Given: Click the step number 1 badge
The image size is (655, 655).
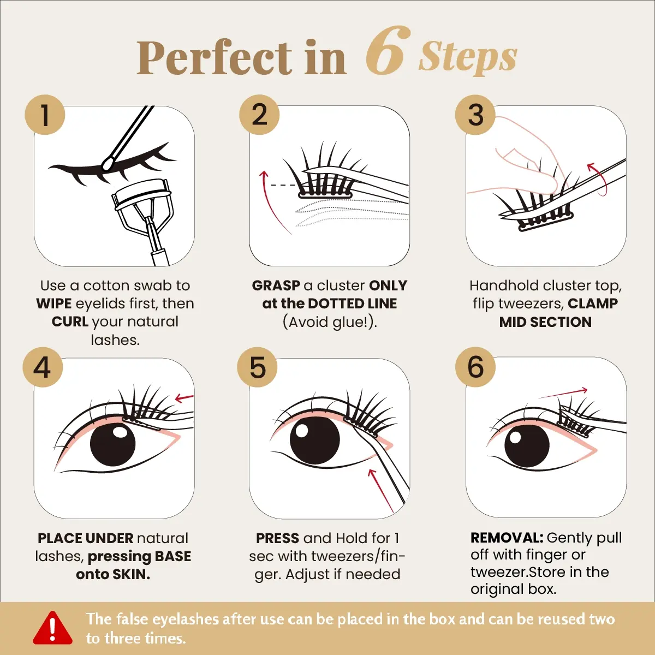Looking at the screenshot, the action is (45, 115).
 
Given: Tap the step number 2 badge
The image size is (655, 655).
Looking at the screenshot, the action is (259, 115).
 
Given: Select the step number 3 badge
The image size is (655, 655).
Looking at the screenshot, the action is (475, 115).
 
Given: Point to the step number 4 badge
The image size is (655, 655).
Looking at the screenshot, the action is (43, 367).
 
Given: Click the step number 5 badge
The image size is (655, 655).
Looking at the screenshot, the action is (258, 367).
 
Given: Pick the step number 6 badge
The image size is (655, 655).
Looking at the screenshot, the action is (475, 367).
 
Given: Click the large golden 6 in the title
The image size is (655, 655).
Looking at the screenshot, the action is (388, 50).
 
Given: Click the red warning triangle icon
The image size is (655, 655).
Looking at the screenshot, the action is (53, 628).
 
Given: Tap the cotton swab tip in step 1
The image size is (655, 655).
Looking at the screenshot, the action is (108, 163).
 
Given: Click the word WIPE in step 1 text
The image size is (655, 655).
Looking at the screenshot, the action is (53, 303).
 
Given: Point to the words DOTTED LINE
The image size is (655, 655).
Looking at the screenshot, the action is (352, 303).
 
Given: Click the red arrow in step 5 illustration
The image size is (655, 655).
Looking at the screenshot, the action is (381, 491).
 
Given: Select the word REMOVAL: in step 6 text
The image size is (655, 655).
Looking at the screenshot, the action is (507, 538).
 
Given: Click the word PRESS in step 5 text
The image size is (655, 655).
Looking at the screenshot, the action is (277, 538).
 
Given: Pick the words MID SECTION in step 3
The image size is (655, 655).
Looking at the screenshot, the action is (545, 322).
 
